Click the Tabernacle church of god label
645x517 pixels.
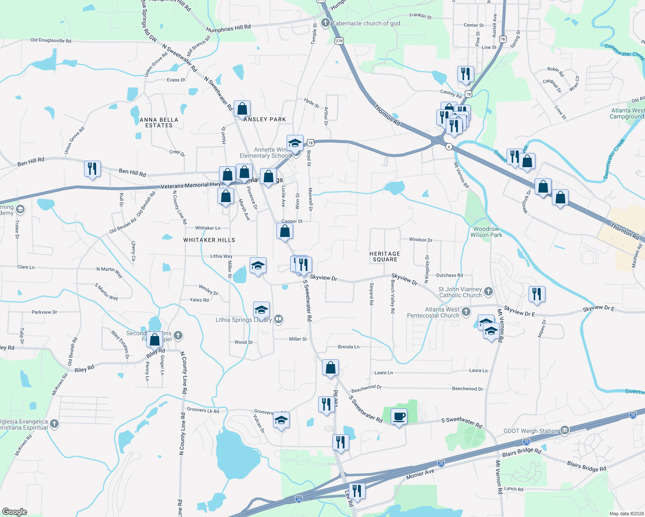(x=366, y=24)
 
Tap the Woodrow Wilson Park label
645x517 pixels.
(x=486, y=232)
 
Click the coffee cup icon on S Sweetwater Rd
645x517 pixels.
(x=399, y=417)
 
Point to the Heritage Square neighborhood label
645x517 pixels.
(x=385, y=257)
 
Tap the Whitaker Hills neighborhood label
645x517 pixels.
(x=209, y=240)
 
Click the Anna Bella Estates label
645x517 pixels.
(x=159, y=123)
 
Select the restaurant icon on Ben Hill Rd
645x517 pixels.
(x=92, y=168)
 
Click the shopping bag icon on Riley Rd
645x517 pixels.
(x=154, y=339)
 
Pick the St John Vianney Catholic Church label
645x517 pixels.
(x=460, y=292)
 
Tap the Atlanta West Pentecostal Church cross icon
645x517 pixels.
(x=466, y=312)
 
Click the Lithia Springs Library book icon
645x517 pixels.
(x=279, y=319)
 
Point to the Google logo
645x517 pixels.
(x=15, y=511)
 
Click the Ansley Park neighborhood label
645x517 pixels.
(x=265, y=119)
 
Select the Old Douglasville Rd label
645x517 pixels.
(x=50, y=40)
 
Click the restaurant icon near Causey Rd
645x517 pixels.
(x=466, y=74)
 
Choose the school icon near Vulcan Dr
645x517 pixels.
(x=281, y=420)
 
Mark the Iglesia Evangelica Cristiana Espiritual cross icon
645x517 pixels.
(x=54, y=424)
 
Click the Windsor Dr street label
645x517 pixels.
(x=420, y=240)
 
